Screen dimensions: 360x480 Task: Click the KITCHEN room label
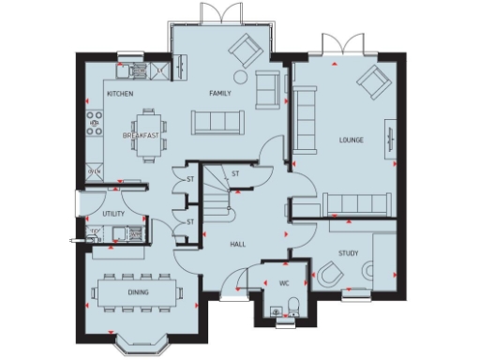point(119,95)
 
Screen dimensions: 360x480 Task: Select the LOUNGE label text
point(352,141)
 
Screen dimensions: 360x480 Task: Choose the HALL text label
point(238,245)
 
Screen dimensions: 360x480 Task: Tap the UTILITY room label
point(114,214)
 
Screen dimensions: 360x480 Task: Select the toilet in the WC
point(293,305)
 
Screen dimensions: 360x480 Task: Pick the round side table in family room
point(241,76)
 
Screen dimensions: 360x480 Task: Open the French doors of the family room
point(207,13)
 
